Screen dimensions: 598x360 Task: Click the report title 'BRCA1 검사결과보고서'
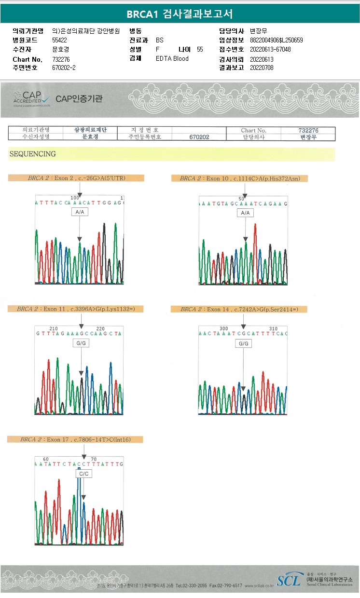180,14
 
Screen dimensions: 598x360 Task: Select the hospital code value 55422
59,40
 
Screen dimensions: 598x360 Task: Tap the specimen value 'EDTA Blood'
172,58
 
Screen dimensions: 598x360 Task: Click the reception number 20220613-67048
270,49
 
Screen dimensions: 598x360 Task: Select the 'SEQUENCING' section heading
32,154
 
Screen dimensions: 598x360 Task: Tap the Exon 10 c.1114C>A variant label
240,178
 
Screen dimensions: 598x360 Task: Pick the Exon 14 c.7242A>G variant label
239,309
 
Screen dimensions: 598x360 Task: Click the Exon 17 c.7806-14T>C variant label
75,439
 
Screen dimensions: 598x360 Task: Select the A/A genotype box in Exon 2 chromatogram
80,212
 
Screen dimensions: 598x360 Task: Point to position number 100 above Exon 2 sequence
75,198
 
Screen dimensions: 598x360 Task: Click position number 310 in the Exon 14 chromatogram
273,328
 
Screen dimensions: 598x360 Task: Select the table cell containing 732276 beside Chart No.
308,130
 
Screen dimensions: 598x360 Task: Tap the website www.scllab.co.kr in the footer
259,585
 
